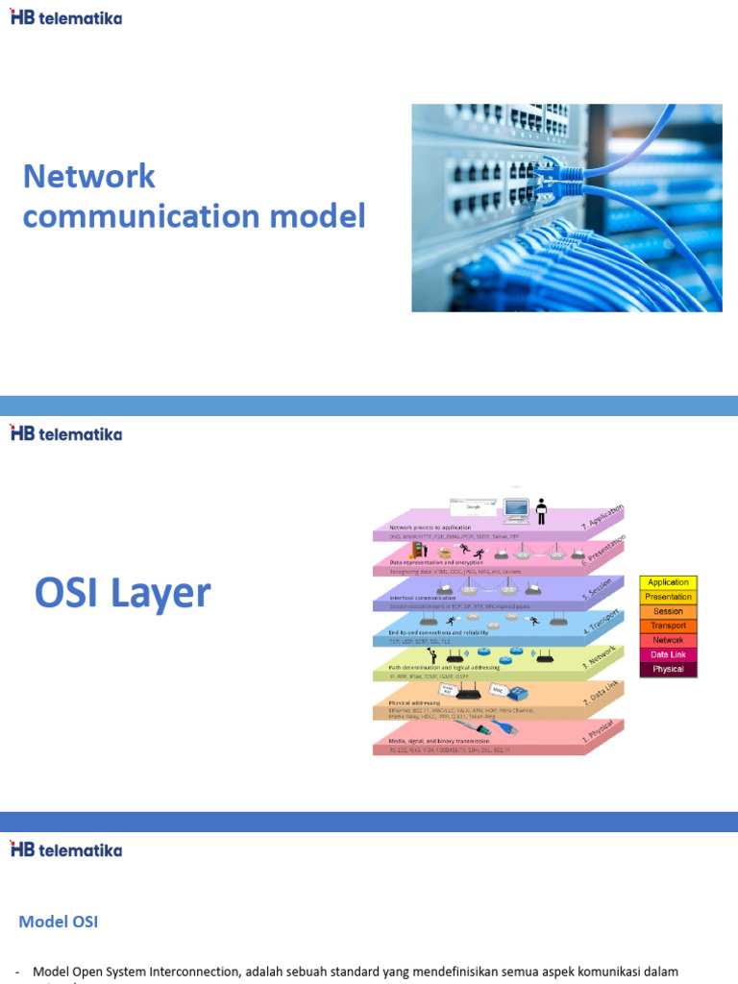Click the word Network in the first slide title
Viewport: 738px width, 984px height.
point(88,176)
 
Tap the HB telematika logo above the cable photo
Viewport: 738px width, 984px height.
point(66,16)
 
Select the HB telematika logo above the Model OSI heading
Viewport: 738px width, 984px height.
point(66,849)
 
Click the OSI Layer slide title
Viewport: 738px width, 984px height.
point(122,593)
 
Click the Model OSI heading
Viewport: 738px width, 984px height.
point(59,922)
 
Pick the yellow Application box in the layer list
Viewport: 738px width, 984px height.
point(668,582)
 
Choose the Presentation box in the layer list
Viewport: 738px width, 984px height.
point(668,597)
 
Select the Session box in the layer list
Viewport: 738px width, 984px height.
point(668,611)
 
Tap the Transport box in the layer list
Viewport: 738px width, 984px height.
point(668,626)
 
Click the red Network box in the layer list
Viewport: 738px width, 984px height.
point(668,640)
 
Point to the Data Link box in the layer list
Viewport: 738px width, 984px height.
point(668,654)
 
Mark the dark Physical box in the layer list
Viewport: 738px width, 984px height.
point(668,669)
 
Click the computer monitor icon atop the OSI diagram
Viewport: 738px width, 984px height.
point(517,508)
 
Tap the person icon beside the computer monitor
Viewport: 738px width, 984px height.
point(541,510)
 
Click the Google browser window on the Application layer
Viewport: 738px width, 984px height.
point(472,506)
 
